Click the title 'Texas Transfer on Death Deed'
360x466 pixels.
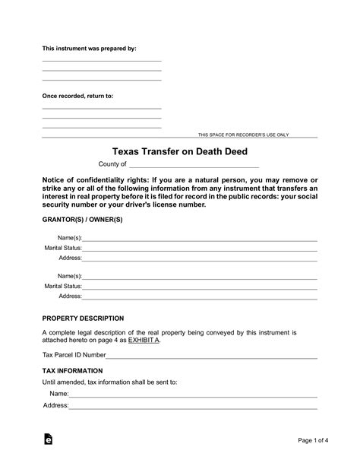pyautogui.click(x=179, y=151)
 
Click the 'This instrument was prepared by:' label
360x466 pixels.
pyautogui.click(x=89, y=48)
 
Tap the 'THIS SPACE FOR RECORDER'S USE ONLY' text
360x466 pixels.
pyautogui.click(x=243, y=135)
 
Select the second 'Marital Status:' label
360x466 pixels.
pyautogui.click(x=63, y=286)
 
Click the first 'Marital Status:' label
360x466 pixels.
pyautogui.click(x=63, y=248)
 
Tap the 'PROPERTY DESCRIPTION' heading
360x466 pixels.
pyautogui.click(x=83, y=319)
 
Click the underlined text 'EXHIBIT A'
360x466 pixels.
pyautogui.click(x=144, y=341)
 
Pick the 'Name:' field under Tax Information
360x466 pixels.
pyautogui.click(x=193, y=395)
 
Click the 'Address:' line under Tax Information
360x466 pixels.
pyautogui.click(x=193, y=406)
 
